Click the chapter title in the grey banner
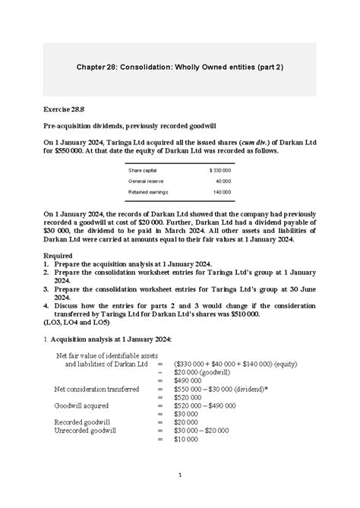179,68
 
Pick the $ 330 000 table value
219,170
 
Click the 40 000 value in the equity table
223,181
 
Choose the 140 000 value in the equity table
222,193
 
